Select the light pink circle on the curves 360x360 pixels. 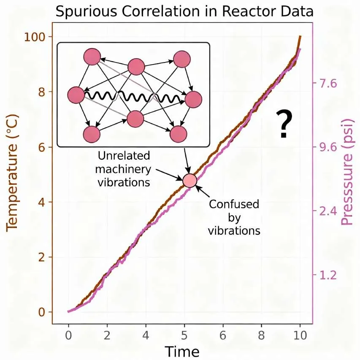coord(190,180)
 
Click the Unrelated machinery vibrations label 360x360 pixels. coord(124,169)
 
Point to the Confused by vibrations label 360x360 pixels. coord(234,218)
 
